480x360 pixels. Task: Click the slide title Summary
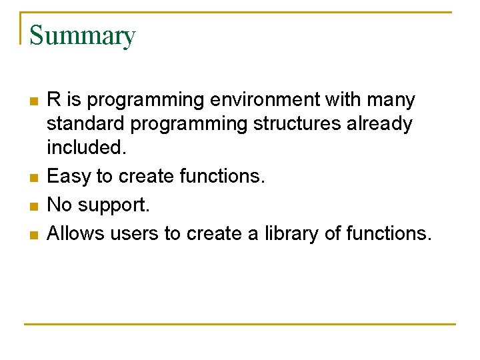tap(83, 35)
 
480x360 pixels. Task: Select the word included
tap(86, 148)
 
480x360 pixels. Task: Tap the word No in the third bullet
tap(60, 205)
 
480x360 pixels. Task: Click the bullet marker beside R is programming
tap(33, 101)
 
